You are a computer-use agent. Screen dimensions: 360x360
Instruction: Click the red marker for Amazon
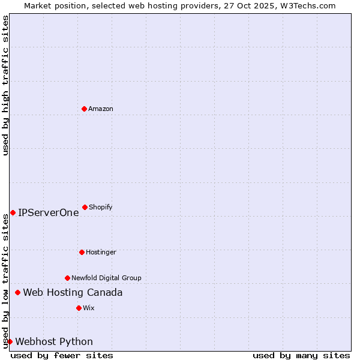pyautogui.click(x=84, y=109)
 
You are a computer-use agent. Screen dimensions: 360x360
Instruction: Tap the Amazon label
pyautogui.click(x=101, y=109)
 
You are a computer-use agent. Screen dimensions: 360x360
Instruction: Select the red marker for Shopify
pyautogui.click(x=85, y=207)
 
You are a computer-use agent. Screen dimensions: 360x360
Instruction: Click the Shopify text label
pyautogui.click(x=101, y=207)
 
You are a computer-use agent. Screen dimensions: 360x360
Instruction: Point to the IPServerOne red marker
pyautogui.click(x=13, y=212)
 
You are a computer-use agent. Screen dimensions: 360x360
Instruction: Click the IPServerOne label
pyautogui.click(x=49, y=212)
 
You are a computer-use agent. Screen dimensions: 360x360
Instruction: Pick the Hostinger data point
pyautogui.click(x=82, y=252)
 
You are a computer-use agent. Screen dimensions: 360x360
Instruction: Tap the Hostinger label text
pyautogui.click(x=101, y=252)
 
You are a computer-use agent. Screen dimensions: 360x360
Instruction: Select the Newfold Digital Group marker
pyautogui.click(x=67, y=278)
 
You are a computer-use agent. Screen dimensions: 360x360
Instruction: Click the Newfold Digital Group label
pyautogui.click(x=106, y=278)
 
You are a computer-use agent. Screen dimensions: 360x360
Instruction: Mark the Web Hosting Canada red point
pyautogui.click(x=17, y=292)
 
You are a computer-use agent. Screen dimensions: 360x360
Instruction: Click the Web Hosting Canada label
pyautogui.click(x=73, y=292)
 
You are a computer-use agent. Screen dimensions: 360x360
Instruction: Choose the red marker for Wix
pyautogui.click(x=79, y=308)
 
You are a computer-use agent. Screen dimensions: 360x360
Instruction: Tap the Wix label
pyautogui.click(x=89, y=308)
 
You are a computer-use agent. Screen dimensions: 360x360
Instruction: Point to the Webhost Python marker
pyautogui.click(x=10, y=341)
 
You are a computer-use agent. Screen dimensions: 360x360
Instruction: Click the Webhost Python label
pyautogui.click(x=54, y=342)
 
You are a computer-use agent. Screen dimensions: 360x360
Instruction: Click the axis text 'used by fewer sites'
pyautogui.click(x=62, y=355)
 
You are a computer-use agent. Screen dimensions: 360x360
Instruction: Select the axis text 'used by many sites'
pyautogui.click(x=301, y=355)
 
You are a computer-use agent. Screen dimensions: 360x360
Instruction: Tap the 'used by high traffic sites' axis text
pyautogui.click(x=5, y=85)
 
